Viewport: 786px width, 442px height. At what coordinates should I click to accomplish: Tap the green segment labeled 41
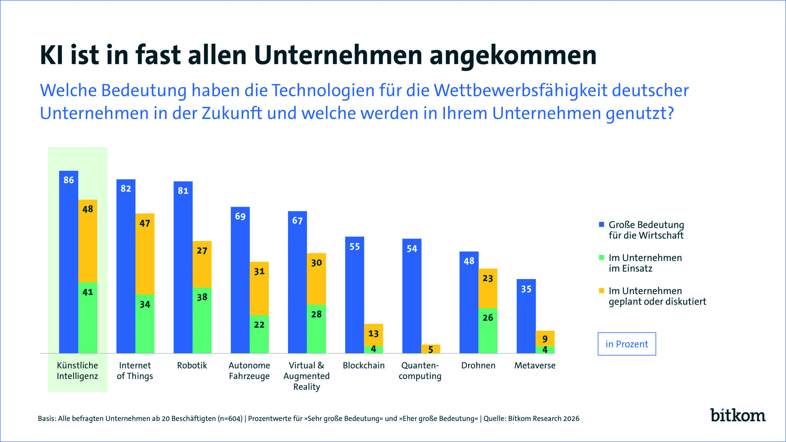pos(88,318)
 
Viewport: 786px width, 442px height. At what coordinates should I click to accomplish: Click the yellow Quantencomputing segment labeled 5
pos(430,349)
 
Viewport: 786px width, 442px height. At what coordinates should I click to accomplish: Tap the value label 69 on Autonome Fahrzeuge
pos(240,217)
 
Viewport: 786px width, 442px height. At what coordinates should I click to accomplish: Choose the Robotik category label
pos(192,366)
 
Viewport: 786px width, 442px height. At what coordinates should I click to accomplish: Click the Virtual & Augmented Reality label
pos(307,376)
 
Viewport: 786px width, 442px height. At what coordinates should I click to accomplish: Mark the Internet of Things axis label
pos(135,371)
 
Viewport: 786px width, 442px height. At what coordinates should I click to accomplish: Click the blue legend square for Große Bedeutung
pos(601,224)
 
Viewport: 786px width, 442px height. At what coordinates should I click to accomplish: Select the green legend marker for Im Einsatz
pos(601,257)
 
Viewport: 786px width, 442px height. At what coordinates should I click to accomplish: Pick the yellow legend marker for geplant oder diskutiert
pos(601,290)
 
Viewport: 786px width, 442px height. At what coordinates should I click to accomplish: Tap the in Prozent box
pos(627,344)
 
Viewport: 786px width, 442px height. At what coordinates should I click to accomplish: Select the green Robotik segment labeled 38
pos(202,321)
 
